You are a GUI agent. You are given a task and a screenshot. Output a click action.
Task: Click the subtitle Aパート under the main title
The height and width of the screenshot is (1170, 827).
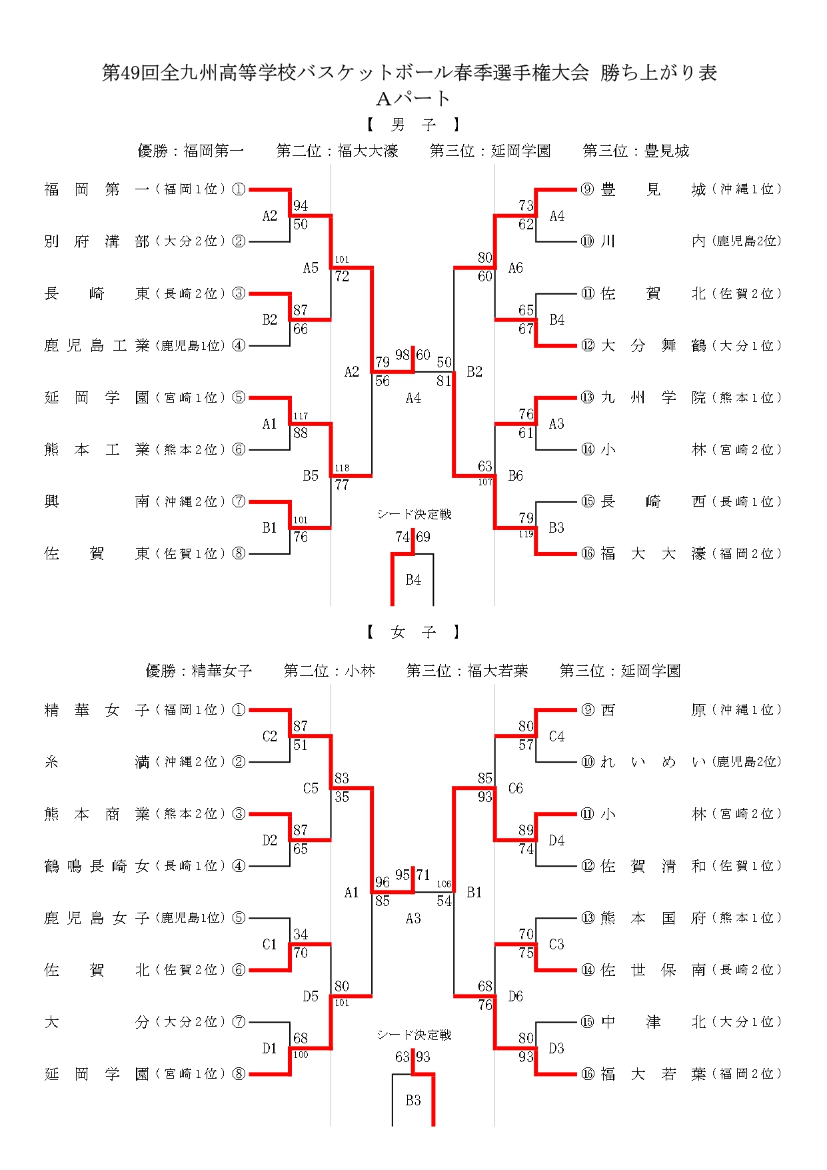(413, 99)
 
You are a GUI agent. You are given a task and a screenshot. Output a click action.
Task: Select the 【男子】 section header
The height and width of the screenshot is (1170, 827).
(413, 125)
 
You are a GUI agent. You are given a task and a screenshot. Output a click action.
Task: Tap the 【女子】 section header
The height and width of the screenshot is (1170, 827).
(413, 632)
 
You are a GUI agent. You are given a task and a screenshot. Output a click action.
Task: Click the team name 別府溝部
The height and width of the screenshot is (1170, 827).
(97, 241)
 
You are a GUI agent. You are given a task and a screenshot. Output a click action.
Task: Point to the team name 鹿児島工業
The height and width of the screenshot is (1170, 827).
(97, 345)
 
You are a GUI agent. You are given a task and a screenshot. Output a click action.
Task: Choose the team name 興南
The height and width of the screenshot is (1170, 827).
(97, 501)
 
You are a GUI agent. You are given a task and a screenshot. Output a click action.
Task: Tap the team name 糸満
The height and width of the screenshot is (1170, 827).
(97, 761)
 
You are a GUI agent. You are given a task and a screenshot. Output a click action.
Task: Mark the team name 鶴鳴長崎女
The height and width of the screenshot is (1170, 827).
(97, 865)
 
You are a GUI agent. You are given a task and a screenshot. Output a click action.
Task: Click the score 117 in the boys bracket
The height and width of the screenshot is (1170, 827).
(301, 416)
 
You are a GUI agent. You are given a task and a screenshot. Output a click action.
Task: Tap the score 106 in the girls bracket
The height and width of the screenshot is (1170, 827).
(444, 884)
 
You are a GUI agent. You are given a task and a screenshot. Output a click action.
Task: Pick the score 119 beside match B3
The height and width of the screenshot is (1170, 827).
(526, 533)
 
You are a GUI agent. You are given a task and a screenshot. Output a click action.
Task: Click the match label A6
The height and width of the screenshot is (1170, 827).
(515, 268)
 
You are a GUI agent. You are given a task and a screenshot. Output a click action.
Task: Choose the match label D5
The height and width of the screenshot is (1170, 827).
(311, 996)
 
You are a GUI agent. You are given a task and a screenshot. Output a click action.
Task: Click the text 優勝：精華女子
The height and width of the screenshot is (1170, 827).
(199, 671)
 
